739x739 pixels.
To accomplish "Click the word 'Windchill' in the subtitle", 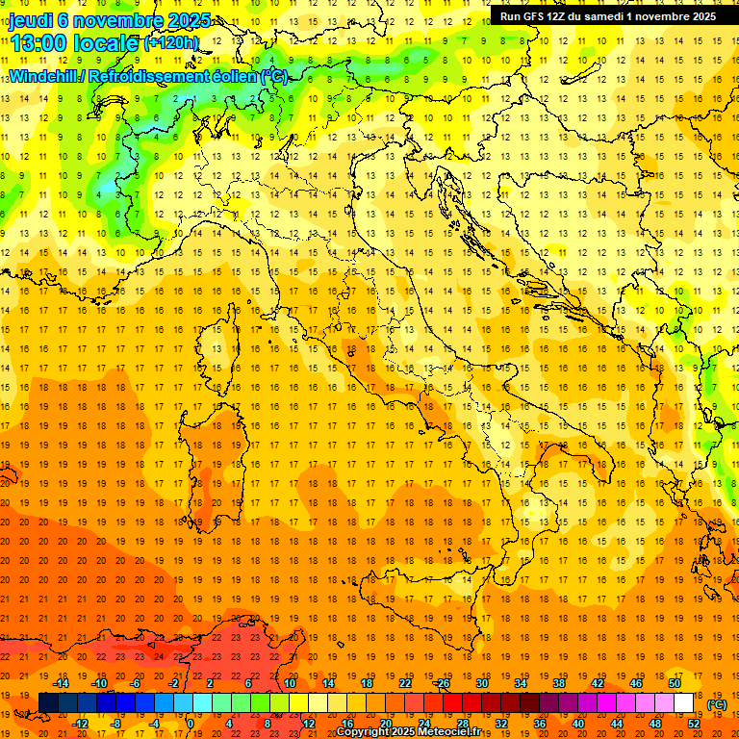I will (47, 75).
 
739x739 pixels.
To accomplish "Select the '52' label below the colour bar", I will (694, 724).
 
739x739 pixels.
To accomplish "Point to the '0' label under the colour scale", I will (191, 724).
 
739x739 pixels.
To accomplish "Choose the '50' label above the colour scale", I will (675, 683).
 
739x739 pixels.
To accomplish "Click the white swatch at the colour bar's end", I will (683, 703).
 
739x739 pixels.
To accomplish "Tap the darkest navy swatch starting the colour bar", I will (48, 703).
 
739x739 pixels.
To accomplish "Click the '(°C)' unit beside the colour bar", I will (717, 704).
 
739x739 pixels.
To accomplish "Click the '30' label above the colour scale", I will (482, 683).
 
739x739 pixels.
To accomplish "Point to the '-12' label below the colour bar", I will (81, 724).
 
